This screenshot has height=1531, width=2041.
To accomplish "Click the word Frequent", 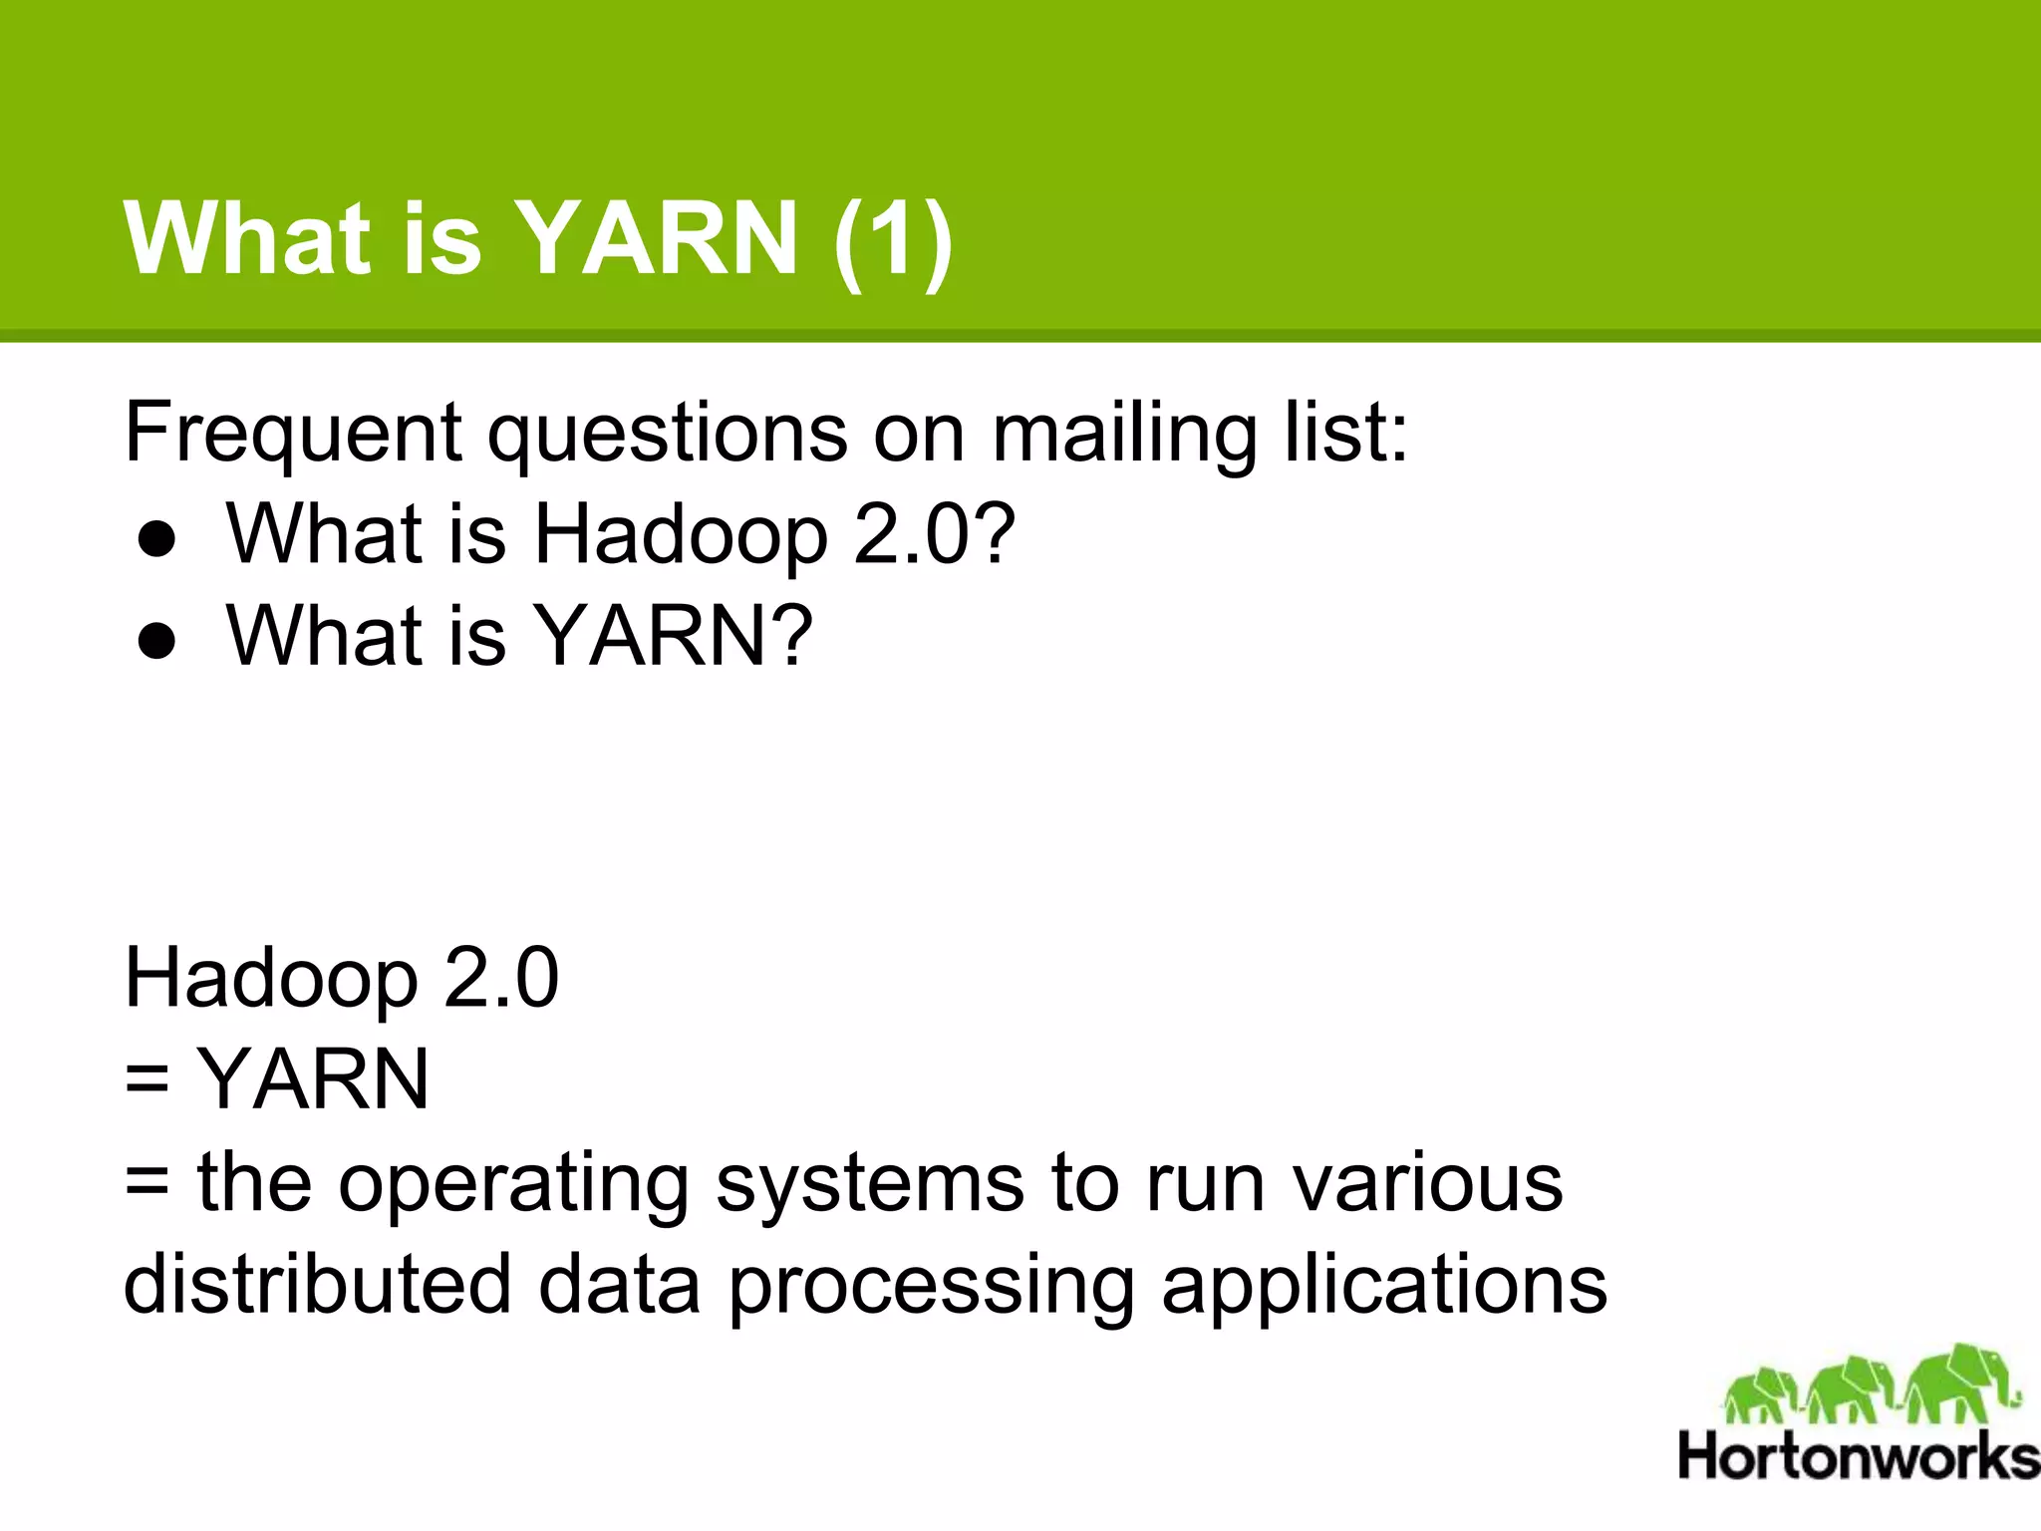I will pos(292,433).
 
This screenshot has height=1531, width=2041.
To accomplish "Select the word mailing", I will pos(1123,435).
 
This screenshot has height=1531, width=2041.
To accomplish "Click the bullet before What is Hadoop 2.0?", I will pos(157,539).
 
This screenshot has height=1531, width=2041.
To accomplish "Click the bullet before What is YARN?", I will pos(157,642).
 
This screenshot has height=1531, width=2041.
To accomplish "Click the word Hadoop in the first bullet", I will pos(681,536).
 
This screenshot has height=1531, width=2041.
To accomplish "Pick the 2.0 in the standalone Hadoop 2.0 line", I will pos(501,978).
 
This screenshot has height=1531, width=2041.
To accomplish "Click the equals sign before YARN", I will pos(147,1080).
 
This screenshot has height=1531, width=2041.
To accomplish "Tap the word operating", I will pos(513,1185).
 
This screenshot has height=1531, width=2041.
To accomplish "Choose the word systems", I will pos(870,1183).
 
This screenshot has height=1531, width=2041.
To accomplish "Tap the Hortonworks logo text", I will pos(1858,1457).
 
